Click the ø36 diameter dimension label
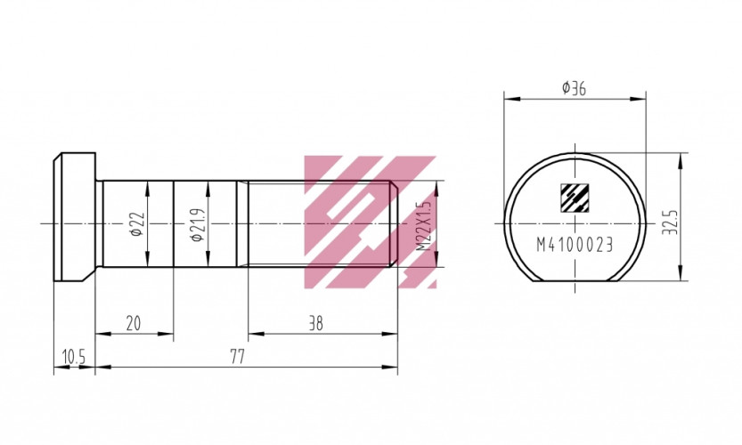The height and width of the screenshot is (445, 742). coord(574,88)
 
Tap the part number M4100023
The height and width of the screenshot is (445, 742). coord(575,246)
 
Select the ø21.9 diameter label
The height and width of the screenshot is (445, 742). coord(197,223)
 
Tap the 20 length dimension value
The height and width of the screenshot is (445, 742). coord(134,324)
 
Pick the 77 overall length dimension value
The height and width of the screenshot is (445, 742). coord(237,356)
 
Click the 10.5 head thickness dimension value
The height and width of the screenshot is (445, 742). coord(73,356)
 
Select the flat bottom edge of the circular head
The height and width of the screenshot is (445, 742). coord(575,281)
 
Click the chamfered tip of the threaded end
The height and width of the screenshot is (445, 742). coord(395,222)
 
